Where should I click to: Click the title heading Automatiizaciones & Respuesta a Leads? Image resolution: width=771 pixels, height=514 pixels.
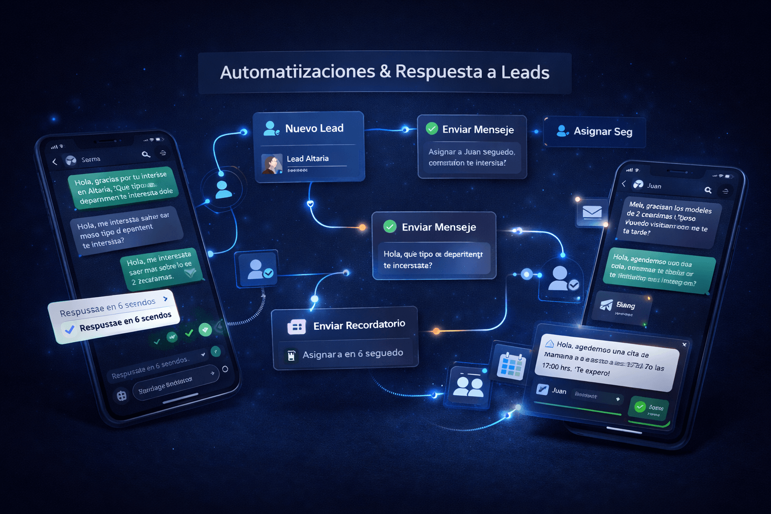click(x=384, y=72)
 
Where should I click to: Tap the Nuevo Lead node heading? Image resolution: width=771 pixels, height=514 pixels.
click(x=314, y=128)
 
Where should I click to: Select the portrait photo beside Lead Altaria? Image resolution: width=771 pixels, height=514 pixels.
click(x=272, y=164)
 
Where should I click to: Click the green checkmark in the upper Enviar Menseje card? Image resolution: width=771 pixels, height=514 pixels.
click(x=432, y=129)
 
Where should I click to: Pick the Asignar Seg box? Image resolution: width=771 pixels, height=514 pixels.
click(x=595, y=132)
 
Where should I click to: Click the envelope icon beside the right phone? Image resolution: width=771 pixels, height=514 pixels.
click(x=592, y=212)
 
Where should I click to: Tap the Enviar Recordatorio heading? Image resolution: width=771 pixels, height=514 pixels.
click(x=359, y=325)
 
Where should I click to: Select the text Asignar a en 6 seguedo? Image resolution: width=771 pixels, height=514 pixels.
click(x=352, y=354)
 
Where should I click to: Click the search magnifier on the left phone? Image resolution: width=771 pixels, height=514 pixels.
click(x=146, y=155)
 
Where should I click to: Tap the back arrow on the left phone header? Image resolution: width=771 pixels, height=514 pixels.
click(x=55, y=162)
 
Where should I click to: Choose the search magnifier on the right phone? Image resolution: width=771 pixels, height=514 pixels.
click(x=708, y=190)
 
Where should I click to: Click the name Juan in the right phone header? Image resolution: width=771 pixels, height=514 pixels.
click(x=654, y=186)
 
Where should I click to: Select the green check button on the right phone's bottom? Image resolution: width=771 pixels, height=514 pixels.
click(x=640, y=407)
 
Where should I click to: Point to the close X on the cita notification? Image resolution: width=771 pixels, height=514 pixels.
click(x=684, y=344)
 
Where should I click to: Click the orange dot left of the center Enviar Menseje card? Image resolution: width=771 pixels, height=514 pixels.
click(x=362, y=228)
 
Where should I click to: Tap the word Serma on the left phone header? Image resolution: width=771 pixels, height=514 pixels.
click(x=91, y=160)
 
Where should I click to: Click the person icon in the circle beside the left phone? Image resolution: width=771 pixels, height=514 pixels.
click(x=223, y=189)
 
